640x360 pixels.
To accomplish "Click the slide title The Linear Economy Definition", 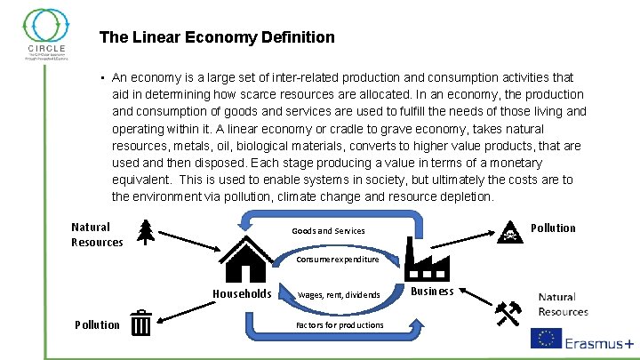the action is click(217, 37).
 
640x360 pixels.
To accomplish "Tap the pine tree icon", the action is click(146, 232).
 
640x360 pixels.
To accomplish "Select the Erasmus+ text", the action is click(599, 340).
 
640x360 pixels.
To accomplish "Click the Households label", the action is click(242, 294).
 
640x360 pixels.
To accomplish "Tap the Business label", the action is click(433, 291).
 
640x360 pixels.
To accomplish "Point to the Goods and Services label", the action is click(328, 231).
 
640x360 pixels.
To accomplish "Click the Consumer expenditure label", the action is click(338, 260).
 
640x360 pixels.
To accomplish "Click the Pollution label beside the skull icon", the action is click(553, 228).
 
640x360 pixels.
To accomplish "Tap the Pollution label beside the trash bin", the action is click(97, 324).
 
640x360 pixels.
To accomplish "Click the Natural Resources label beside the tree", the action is click(97, 235).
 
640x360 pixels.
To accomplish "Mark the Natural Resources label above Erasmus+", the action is click(563, 304).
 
